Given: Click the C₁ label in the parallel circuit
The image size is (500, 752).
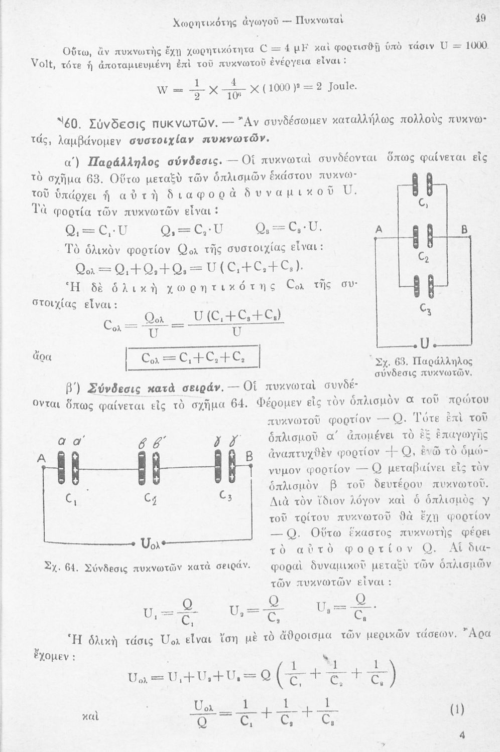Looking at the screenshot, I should coord(423,204).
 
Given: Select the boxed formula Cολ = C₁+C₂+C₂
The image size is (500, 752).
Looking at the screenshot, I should coord(192,358).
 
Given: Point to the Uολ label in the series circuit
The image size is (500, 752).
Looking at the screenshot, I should coord(149,543).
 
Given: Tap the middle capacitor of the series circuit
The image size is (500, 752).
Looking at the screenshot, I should coord(149,467).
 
